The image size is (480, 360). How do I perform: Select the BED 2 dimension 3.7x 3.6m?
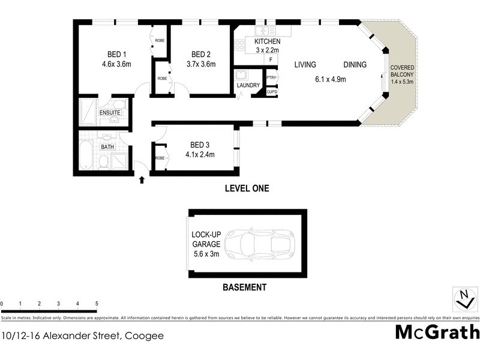pyautogui.click(x=199, y=64)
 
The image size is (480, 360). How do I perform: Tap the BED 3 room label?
pyautogui.click(x=200, y=145)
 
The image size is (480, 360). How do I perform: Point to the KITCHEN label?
pyautogui.click(x=267, y=41)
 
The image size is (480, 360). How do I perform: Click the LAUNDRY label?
pyautogui.click(x=248, y=86)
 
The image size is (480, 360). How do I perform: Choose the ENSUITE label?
pyautogui.click(x=110, y=112)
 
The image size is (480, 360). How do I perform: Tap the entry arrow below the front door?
pyautogui.click(x=142, y=179)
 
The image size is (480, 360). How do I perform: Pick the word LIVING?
pyautogui.click(x=305, y=65)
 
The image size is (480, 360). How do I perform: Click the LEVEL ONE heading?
pyautogui.click(x=247, y=188)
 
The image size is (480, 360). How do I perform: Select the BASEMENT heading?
pyautogui.click(x=244, y=287)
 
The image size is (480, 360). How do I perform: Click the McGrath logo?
pyautogui.click(x=437, y=332)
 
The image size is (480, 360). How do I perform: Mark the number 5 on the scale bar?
pyautogui.click(x=96, y=304)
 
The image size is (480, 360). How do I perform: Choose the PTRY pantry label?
pyautogui.click(x=271, y=77)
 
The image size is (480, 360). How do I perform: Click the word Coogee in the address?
pyautogui.click(x=144, y=336)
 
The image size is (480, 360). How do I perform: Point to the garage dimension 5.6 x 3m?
pyautogui.click(x=206, y=254)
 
